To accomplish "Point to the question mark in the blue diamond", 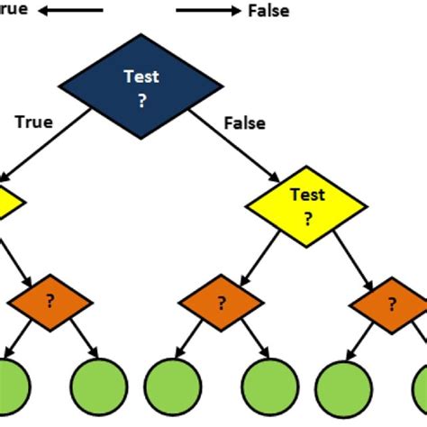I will click(x=142, y=101).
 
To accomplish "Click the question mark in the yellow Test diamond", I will click(x=308, y=217).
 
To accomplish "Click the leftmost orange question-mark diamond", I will click(x=50, y=303).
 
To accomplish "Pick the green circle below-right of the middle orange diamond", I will click(x=268, y=385).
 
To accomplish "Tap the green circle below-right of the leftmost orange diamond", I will click(x=95, y=385).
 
